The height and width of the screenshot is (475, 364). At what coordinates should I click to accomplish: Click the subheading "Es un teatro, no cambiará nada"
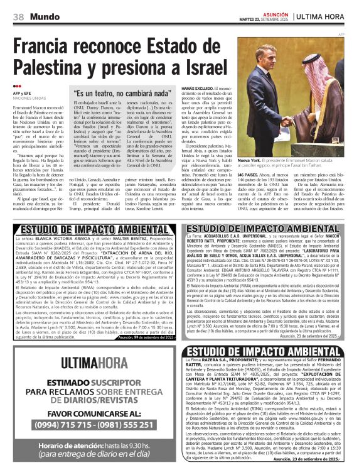coord(122,94)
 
